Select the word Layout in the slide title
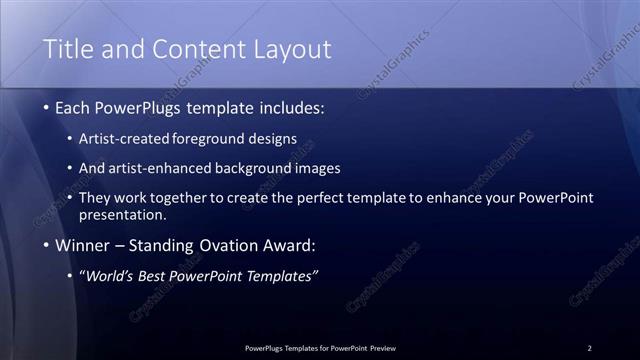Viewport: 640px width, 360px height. pos(290,49)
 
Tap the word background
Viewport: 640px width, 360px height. pos(263,168)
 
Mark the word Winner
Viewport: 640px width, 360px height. pos(83,245)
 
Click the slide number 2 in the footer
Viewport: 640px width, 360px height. pos(589,348)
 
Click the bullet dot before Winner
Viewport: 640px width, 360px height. pos(46,246)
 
